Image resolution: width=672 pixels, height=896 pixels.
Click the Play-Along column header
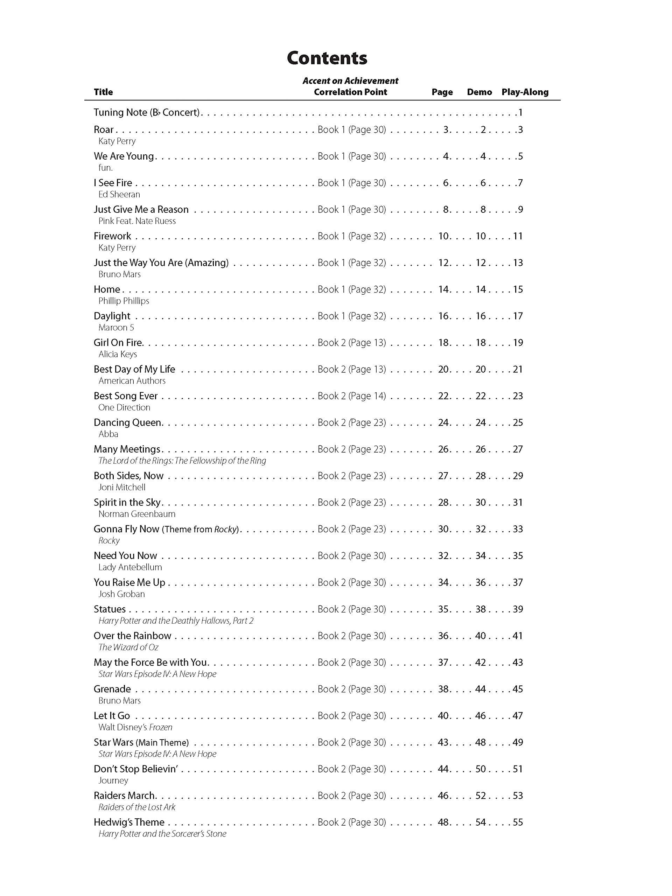[x=525, y=92]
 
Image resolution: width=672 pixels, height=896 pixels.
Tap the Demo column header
[x=479, y=92]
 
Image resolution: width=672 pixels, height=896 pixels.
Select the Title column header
[x=103, y=92]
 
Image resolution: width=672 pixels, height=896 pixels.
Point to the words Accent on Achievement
[x=350, y=80]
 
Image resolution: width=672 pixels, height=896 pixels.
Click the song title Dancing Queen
[x=128, y=422]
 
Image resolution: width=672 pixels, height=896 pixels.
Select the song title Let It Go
[x=112, y=716]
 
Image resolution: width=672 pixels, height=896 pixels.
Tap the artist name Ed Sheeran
[x=119, y=195]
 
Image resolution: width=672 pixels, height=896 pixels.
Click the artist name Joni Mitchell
[x=121, y=487]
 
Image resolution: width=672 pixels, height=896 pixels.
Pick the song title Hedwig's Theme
[x=129, y=822]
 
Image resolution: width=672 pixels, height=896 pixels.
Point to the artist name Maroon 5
[x=116, y=327]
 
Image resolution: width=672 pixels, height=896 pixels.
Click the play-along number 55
[x=518, y=822]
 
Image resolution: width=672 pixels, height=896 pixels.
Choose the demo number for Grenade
[x=481, y=689]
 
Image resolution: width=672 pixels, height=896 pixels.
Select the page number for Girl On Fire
[x=443, y=343]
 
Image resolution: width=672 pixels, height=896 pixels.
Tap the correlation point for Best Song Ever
[x=352, y=396]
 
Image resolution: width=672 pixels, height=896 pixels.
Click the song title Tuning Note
[x=147, y=112]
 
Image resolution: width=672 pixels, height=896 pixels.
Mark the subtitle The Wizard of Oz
[x=128, y=647]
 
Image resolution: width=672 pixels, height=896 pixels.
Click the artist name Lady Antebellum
[x=130, y=567]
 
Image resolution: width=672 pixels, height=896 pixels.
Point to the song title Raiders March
[x=124, y=796]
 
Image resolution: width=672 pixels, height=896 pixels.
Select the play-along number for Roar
[x=520, y=129]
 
